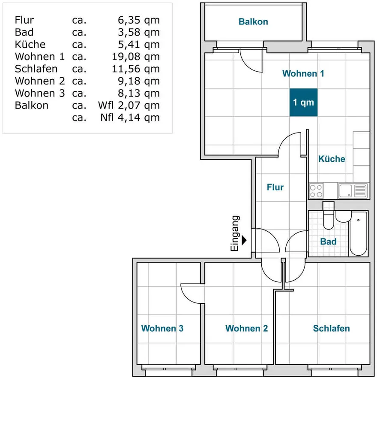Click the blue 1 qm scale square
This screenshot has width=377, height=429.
pyautogui.click(x=303, y=103)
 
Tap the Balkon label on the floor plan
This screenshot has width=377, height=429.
pyautogui.click(x=253, y=21)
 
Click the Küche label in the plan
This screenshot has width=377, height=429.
pyautogui.click(x=332, y=159)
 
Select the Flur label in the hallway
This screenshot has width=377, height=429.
pyautogui.click(x=275, y=187)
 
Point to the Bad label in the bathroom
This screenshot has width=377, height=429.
pyautogui.click(x=328, y=242)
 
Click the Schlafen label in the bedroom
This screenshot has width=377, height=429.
pyautogui.click(x=332, y=328)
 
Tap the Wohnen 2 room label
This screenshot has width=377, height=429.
pyautogui.click(x=246, y=328)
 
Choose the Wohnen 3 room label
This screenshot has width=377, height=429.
pyautogui.click(x=162, y=328)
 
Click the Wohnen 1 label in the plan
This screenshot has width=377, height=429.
pyautogui.click(x=303, y=73)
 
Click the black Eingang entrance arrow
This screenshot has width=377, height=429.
pyautogui.click(x=244, y=241)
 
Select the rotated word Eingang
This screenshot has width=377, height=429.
pyautogui.click(x=235, y=233)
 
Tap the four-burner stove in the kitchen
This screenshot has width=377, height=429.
pyautogui.click(x=316, y=191)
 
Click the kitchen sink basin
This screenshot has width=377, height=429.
pyautogui.click(x=345, y=191)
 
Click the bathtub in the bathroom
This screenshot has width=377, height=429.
pyautogui.click(x=358, y=233)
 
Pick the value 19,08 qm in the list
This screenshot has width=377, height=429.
pyautogui.click(x=136, y=57)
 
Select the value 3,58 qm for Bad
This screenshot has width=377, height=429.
pyautogui.click(x=139, y=32)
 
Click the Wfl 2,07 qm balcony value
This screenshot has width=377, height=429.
pyautogui.click(x=129, y=106)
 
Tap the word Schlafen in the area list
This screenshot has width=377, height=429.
pyautogui.click(x=36, y=69)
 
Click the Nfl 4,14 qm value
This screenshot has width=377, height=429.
pyautogui.click(x=130, y=118)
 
